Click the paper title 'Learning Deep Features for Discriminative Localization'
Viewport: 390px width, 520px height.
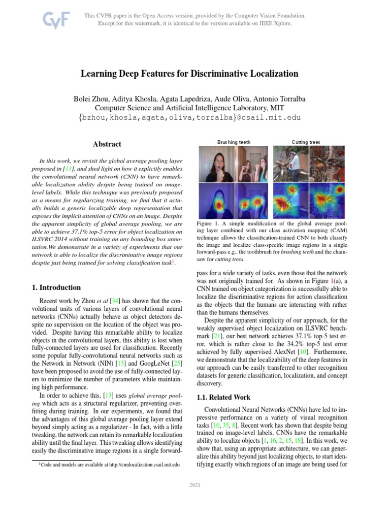click(189, 74)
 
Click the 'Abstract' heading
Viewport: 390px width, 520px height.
click(107, 144)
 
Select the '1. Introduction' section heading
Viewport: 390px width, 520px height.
click(56, 287)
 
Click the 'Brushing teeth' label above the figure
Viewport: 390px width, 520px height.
click(234, 142)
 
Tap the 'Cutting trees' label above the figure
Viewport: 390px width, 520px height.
click(306, 142)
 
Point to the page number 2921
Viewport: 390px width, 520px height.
click(194, 485)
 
